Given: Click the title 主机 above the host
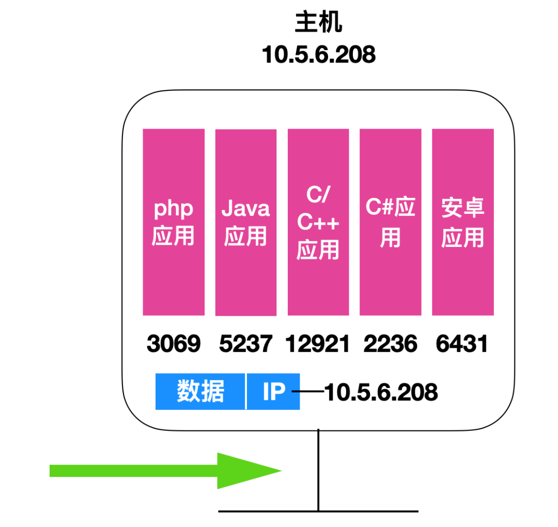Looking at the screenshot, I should [x=318, y=23].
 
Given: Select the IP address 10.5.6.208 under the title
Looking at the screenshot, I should [x=318, y=54].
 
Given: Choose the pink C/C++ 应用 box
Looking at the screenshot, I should [x=318, y=279].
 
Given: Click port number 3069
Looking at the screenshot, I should [x=174, y=344].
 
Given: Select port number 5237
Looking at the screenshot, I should [x=246, y=344].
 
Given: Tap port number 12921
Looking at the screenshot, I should [x=318, y=344].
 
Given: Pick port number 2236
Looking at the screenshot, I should [x=391, y=344].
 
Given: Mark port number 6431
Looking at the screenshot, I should [x=462, y=344].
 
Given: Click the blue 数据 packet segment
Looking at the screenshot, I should [x=200, y=391].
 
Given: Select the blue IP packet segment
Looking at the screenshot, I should [x=273, y=391].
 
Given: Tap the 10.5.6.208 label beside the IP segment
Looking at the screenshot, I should [x=381, y=392].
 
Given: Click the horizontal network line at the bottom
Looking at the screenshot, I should [x=362, y=512].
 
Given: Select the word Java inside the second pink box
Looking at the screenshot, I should [x=246, y=208].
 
